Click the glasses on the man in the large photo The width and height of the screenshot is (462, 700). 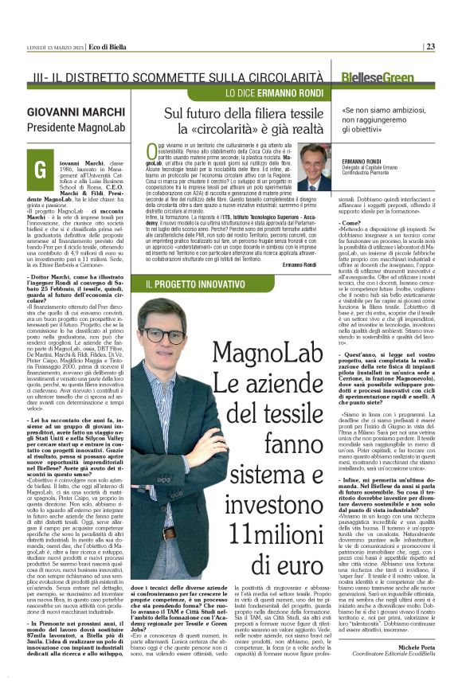163,335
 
